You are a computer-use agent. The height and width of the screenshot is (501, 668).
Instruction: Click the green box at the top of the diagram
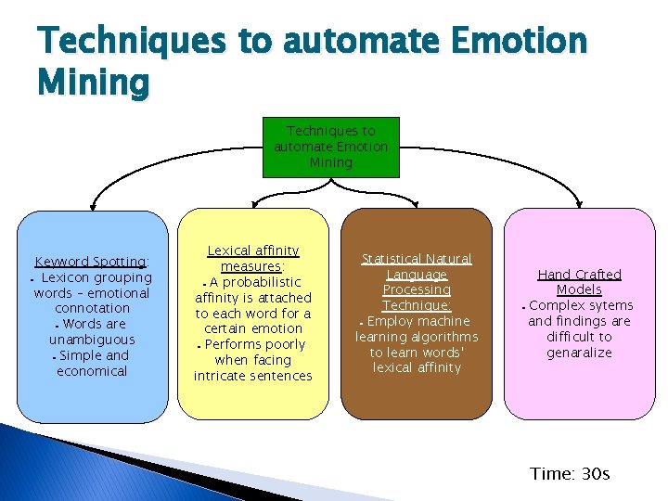coord(331,147)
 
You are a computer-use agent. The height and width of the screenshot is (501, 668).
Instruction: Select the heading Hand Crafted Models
coord(580,282)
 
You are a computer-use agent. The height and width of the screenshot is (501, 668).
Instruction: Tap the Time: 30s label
coord(570,474)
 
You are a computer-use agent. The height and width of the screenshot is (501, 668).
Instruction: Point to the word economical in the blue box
coord(92,371)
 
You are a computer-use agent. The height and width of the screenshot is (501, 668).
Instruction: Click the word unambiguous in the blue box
coord(92,340)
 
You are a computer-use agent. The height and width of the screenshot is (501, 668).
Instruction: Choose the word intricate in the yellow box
coord(222,376)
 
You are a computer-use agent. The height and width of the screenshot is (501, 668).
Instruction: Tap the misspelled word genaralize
coord(580,353)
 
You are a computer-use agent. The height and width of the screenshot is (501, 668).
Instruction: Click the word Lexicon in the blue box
coord(68,277)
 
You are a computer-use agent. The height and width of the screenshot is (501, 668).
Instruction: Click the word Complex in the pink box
coord(556,305)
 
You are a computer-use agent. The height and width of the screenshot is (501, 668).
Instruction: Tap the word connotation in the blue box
coord(92,308)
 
